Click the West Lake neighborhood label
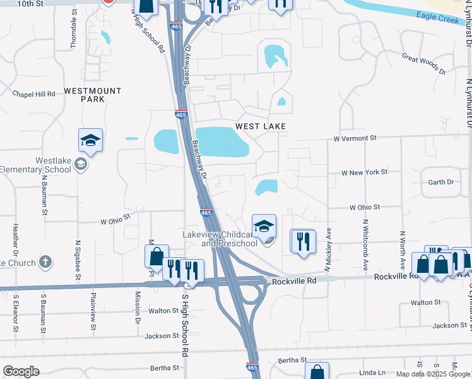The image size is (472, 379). [261, 126]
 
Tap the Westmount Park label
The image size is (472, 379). [93, 95]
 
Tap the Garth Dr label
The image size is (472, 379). [441, 182]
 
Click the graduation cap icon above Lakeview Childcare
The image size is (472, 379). [264, 226]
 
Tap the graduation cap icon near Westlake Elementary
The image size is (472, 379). [90, 140]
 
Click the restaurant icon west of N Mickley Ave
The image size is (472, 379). [303, 241]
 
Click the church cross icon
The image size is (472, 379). [45, 262]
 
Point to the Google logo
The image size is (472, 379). [21, 371]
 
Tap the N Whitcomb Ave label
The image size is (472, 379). [365, 246]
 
